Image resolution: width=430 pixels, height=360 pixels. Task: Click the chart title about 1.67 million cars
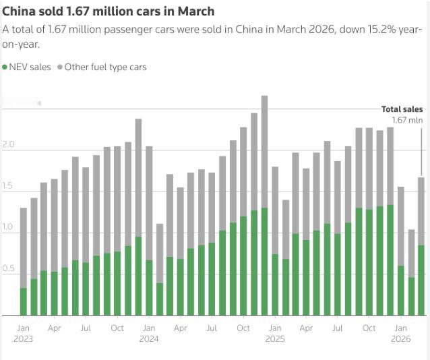tap(109, 11)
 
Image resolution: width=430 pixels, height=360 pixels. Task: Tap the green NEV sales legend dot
tap(5, 67)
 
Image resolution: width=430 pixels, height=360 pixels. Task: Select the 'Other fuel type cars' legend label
tap(105, 67)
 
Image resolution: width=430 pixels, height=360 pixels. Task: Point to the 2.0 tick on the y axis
tap(8, 145)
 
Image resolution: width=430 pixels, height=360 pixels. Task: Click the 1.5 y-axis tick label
tap(8, 186)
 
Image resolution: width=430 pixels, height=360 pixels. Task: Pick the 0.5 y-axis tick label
tap(8, 268)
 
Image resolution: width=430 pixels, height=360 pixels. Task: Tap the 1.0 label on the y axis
tap(8, 227)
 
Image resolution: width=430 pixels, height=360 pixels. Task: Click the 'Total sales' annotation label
tap(402, 109)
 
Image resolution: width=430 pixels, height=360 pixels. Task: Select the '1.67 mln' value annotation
tap(407, 120)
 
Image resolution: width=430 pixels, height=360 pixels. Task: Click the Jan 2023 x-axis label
tap(23, 333)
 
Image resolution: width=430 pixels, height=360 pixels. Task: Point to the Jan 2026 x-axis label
tap(400, 333)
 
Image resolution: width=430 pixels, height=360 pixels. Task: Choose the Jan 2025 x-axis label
tap(275, 333)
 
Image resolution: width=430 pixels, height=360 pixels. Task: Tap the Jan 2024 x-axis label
tap(149, 333)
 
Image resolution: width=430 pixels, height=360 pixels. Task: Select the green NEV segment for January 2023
tap(24, 301)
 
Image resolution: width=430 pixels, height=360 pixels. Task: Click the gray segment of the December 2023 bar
tap(138, 178)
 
